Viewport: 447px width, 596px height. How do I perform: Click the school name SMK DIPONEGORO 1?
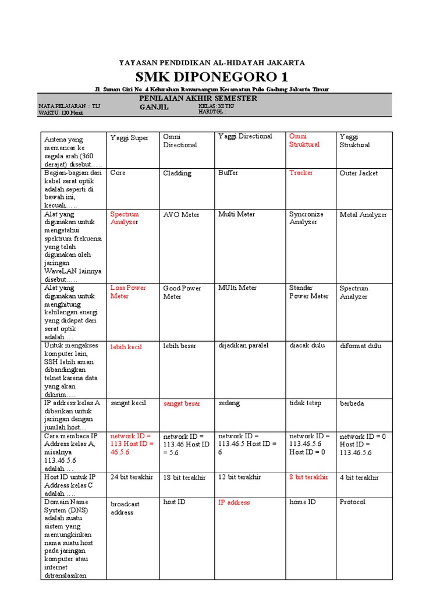point(212,77)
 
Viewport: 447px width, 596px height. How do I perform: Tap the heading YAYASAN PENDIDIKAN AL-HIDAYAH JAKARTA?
point(212,62)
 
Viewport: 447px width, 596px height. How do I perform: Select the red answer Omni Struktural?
point(304,140)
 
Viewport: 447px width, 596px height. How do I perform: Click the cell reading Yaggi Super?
point(129,138)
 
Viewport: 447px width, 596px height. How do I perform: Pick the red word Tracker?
point(301,173)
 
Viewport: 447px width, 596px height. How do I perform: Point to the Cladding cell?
point(177,173)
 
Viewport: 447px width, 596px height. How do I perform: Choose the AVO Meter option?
point(181,215)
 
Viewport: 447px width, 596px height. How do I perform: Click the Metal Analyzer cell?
point(363,215)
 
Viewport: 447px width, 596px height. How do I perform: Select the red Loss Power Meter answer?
point(128,292)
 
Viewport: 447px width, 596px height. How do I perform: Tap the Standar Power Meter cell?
point(308,292)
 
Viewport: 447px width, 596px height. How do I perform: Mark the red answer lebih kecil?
point(126,346)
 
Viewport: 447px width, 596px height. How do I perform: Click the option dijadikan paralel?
point(243,346)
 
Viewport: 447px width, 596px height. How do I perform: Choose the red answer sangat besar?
point(182,403)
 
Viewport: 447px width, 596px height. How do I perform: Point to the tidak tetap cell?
point(305,403)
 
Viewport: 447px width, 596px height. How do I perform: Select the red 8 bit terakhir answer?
point(308,477)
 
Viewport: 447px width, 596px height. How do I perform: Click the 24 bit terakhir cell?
point(132,477)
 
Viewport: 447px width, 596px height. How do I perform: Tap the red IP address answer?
point(234,502)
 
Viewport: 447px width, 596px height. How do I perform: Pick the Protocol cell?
point(352,502)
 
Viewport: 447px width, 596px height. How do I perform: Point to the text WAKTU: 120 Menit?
point(61,112)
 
